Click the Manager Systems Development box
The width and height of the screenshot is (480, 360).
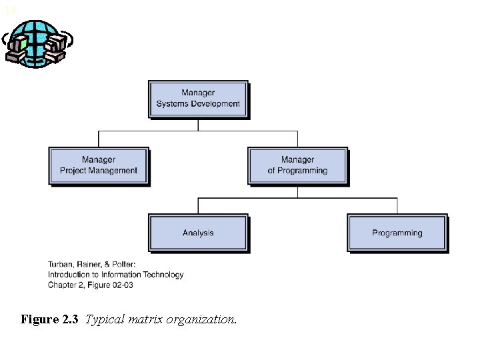pyautogui.click(x=198, y=99)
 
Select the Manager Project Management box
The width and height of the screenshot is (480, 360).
pyautogui.click(x=99, y=165)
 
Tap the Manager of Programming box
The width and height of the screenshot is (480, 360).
pyautogui.click(x=297, y=165)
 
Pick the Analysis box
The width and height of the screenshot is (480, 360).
pyautogui.click(x=198, y=233)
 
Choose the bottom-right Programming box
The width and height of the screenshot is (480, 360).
pyautogui.click(x=397, y=233)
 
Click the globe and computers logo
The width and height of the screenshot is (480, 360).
pyautogui.click(x=37, y=43)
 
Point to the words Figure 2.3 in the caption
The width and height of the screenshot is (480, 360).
pyautogui.click(x=49, y=319)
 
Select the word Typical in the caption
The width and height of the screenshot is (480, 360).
pyautogui.click(x=103, y=319)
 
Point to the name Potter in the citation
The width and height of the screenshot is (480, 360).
pyautogui.click(x=123, y=264)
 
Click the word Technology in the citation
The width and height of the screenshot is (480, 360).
pyautogui.click(x=163, y=275)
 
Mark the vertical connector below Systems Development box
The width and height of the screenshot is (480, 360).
pyautogui.click(x=198, y=125)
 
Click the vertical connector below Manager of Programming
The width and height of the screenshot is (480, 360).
pyautogui.click(x=297, y=191)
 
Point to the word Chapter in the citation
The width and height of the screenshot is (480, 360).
pyautogui.click(x=63, y=285)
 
